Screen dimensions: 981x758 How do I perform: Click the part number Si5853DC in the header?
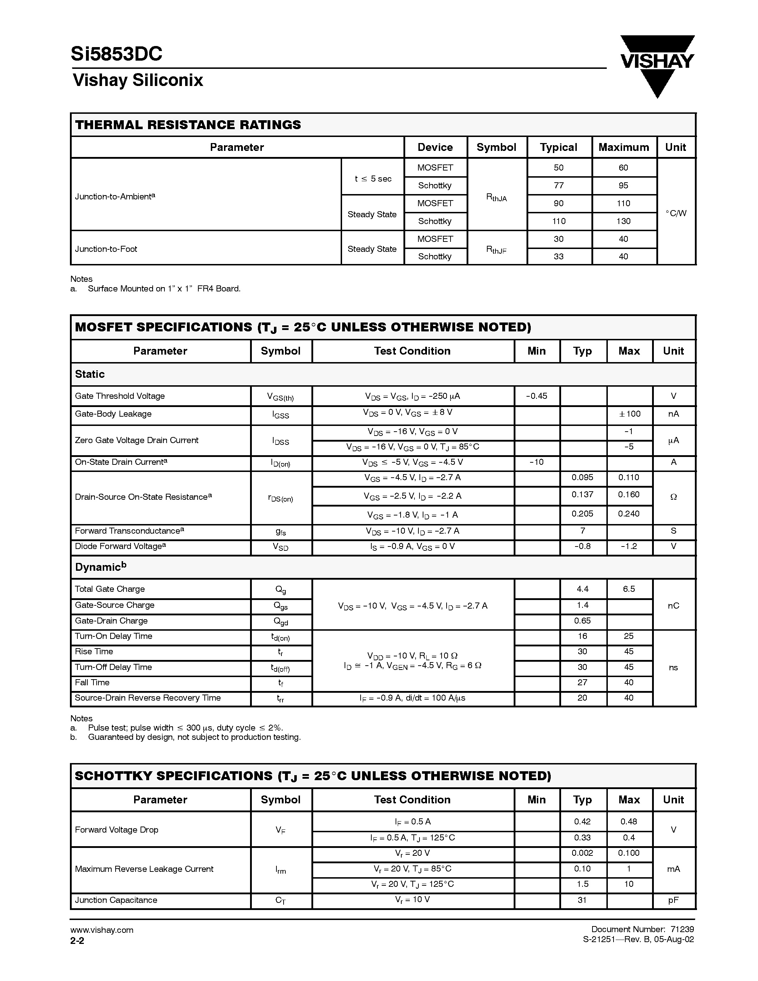[116, 54]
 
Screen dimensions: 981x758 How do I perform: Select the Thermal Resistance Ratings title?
[188, 125]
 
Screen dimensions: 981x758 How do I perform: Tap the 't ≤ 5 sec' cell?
[373, 179]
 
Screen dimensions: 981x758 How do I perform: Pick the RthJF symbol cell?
[496, 249]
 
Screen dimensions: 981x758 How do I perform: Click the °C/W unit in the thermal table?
[676, 213]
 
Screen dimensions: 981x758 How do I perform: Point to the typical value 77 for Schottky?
[558, 185]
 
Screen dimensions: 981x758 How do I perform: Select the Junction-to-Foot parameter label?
[106, 249]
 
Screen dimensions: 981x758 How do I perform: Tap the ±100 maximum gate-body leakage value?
[629, 414]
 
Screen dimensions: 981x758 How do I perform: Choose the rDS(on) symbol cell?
[280, 498]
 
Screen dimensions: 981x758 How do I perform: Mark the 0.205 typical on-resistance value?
[582, 513]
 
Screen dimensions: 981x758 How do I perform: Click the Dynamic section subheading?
[101, 567]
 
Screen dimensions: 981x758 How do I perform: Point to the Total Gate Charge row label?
[110, 589]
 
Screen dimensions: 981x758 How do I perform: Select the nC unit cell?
[673, 605]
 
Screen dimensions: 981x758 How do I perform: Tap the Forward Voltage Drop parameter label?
[116, 830]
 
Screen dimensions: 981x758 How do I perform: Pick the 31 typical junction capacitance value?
[582, 900]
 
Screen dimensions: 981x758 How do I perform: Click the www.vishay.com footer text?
[102, 930]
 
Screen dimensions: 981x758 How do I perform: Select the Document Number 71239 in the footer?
[642, 929]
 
